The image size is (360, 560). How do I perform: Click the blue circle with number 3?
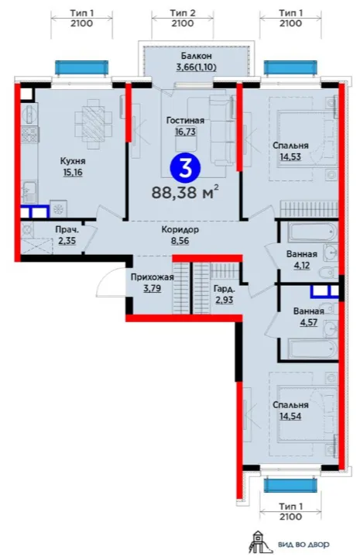pyautogui.click(x=185, y=167)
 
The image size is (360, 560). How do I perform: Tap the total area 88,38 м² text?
pyautogui.click(x=185, y=193)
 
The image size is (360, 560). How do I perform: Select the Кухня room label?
pyautogui.click(x=73, y=161)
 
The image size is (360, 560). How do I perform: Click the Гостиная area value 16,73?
pyautogui.click(x=185, y=132)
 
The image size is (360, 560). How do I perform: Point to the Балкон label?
pyautogui.click(x=196, y=56)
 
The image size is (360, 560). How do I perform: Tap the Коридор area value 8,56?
pyautogui.click(x=180, y=241)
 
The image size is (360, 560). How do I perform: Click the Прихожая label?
pyautogui.click(x=153, y=277)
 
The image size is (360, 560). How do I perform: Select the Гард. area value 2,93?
pyautogui.click(x=224, y=300)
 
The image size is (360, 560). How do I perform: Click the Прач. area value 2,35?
pyautogui.click(x=67, y=241)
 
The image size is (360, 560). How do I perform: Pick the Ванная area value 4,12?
pyautogui.click(x=300, y=266)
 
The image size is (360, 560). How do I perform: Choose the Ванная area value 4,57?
pyautogui.click(x=309, y=322)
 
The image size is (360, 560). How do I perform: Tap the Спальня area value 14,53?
pyautogui.click(x=290, y=156)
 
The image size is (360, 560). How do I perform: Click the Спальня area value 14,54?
pyautogui.click(x=290, y=417)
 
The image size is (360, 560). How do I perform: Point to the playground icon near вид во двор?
pyautogui.click(x=259, y=543)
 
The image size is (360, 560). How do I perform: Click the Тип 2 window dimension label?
pyautogui.click(x=183, y=13)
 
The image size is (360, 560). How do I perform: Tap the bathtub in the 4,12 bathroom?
pyautogui.click(x=313, y=232)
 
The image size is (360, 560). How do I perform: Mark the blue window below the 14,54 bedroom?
pyautogui.click(x=290, y=486)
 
